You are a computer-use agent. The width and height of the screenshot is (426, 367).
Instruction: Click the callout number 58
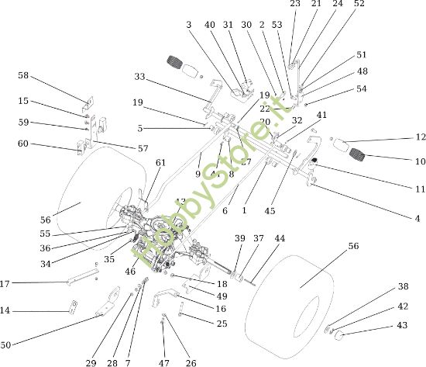point(23,75)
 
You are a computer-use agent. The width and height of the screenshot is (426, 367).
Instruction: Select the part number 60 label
point(23,144)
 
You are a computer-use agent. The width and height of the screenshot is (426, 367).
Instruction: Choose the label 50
point(6,344)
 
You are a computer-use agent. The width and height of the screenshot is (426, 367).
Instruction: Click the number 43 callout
point(402,325)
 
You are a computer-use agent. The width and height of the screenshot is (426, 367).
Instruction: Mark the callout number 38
point(402,286)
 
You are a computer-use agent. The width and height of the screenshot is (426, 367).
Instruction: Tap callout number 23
point(295,4)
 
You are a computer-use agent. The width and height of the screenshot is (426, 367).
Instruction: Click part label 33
point(139,77)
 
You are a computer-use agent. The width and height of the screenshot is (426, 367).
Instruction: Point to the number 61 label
point(160,162)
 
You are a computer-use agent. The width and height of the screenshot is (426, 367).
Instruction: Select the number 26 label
point(191,362)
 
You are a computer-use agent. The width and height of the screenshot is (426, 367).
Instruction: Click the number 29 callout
point(91,362)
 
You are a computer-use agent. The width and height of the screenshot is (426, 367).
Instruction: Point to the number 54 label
point(362,88)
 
